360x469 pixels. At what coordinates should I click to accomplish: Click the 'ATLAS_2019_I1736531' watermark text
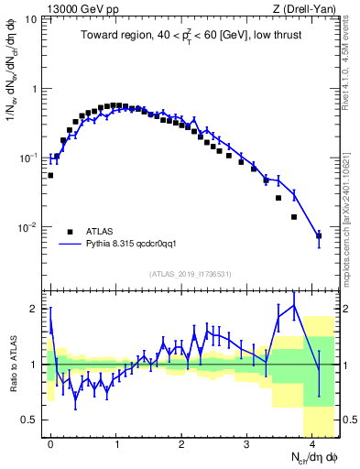[x=190, y=274]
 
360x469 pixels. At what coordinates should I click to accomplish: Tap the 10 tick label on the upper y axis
[x=31, y=19]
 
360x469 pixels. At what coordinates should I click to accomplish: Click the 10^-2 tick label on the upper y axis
[x=27, y=227]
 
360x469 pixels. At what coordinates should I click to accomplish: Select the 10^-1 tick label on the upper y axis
[x=27, y=158]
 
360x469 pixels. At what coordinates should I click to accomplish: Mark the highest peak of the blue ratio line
[x=293, y=305]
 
